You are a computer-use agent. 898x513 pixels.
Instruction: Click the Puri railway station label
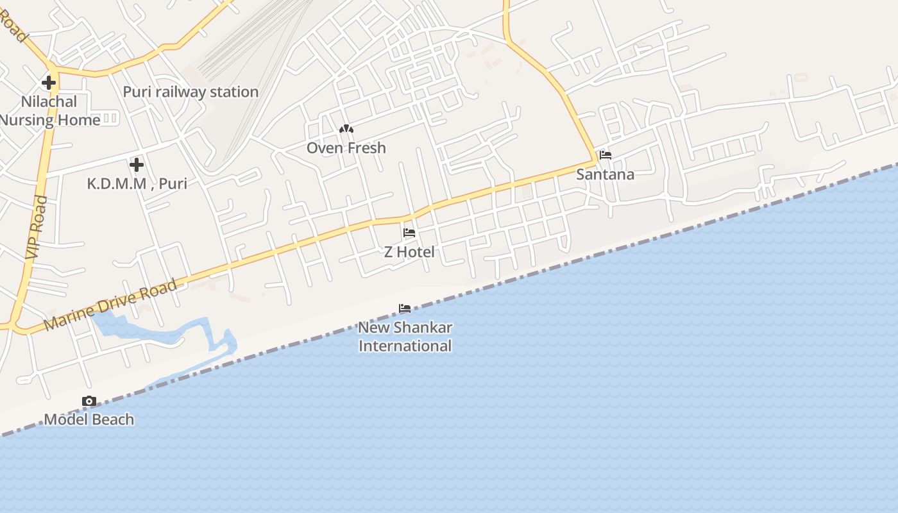pos(191,92)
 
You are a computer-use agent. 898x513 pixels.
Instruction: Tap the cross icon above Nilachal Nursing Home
pos(49,83)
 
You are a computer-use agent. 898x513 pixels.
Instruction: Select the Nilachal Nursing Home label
pos(49,110)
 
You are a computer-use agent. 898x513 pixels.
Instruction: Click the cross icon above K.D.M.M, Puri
pos(136,165)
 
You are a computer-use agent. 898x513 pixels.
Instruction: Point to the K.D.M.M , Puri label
pos(137,183)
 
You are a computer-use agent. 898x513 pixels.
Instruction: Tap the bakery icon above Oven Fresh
pos(346,130)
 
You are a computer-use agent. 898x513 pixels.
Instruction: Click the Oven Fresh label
pos(346,148)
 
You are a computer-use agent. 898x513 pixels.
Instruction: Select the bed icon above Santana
pos(605,155)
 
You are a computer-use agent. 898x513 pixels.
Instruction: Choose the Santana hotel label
pos(605,174)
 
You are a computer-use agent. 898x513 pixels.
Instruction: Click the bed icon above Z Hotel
pos(409,233)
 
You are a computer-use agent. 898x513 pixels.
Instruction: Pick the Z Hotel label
pos(409,252)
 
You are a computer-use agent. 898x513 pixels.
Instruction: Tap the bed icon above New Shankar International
pos(405,308)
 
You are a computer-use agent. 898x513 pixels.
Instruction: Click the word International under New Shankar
pos(405,346)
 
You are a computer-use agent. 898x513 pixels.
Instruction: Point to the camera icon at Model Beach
pos(89,401)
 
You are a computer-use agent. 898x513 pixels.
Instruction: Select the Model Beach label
pos(89,420)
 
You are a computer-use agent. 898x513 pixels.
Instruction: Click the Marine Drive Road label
pos(110,305)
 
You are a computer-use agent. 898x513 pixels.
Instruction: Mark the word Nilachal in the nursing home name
pos(49,101)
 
